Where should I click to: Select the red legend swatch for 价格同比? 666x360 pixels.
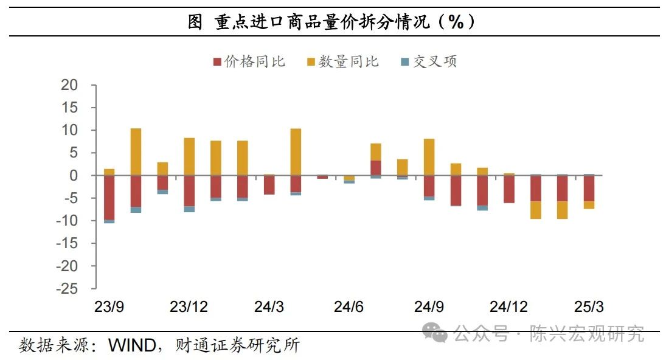coord(217,61)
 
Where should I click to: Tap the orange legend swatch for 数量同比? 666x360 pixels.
coord(311,61)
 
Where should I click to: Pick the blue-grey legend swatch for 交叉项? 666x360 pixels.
coord(406,61)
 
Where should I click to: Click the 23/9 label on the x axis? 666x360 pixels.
coord(109,306)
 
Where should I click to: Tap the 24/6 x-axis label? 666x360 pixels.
coord(349,306)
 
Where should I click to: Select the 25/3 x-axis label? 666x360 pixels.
coord(589,306)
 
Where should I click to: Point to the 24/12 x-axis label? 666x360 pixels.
coord(508,306)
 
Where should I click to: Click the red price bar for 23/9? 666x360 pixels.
coord(109,197)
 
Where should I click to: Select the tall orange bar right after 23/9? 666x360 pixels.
coord(136,152)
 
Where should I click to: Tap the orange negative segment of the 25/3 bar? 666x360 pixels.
coord(589,205)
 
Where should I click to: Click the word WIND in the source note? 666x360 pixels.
coord(130,345)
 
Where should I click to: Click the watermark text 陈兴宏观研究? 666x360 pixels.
coord(586,334)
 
